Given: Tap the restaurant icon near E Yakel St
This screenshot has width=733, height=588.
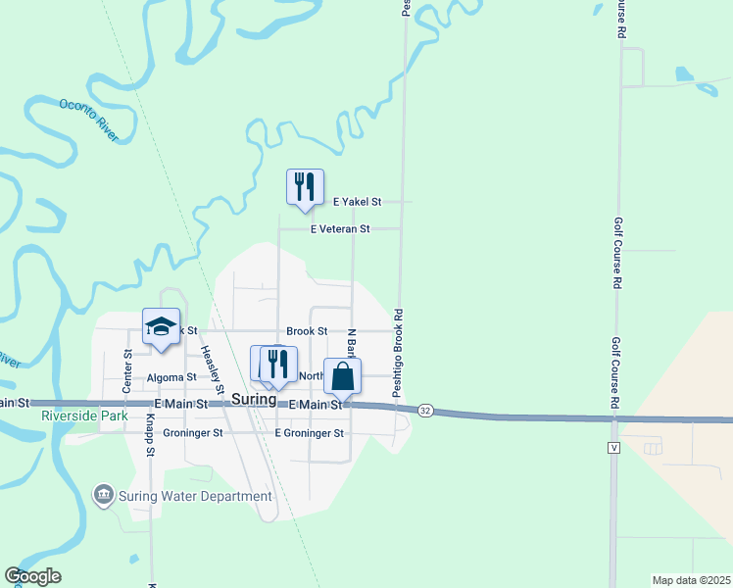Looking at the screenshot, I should tap(305, 187).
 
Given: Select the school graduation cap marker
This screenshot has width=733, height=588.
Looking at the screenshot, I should tap(162, 327).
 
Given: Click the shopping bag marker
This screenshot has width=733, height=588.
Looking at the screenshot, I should tap(342, 376).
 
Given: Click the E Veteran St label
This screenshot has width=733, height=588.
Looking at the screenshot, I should tap(340, 229).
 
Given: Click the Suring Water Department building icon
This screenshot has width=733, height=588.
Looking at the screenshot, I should tap(103, 495).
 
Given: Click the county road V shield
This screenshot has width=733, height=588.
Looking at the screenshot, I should tap(613, 447).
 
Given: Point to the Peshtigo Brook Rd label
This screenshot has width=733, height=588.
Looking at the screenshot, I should tap(398, 354).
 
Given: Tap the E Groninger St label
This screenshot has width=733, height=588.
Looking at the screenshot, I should tap(310, 432).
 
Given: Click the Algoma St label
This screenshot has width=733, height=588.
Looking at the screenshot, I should tap(171, 377).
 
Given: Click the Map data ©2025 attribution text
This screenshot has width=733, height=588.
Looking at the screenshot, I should tap(690, 580).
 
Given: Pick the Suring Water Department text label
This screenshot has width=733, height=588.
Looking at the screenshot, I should tap(195, 496).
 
